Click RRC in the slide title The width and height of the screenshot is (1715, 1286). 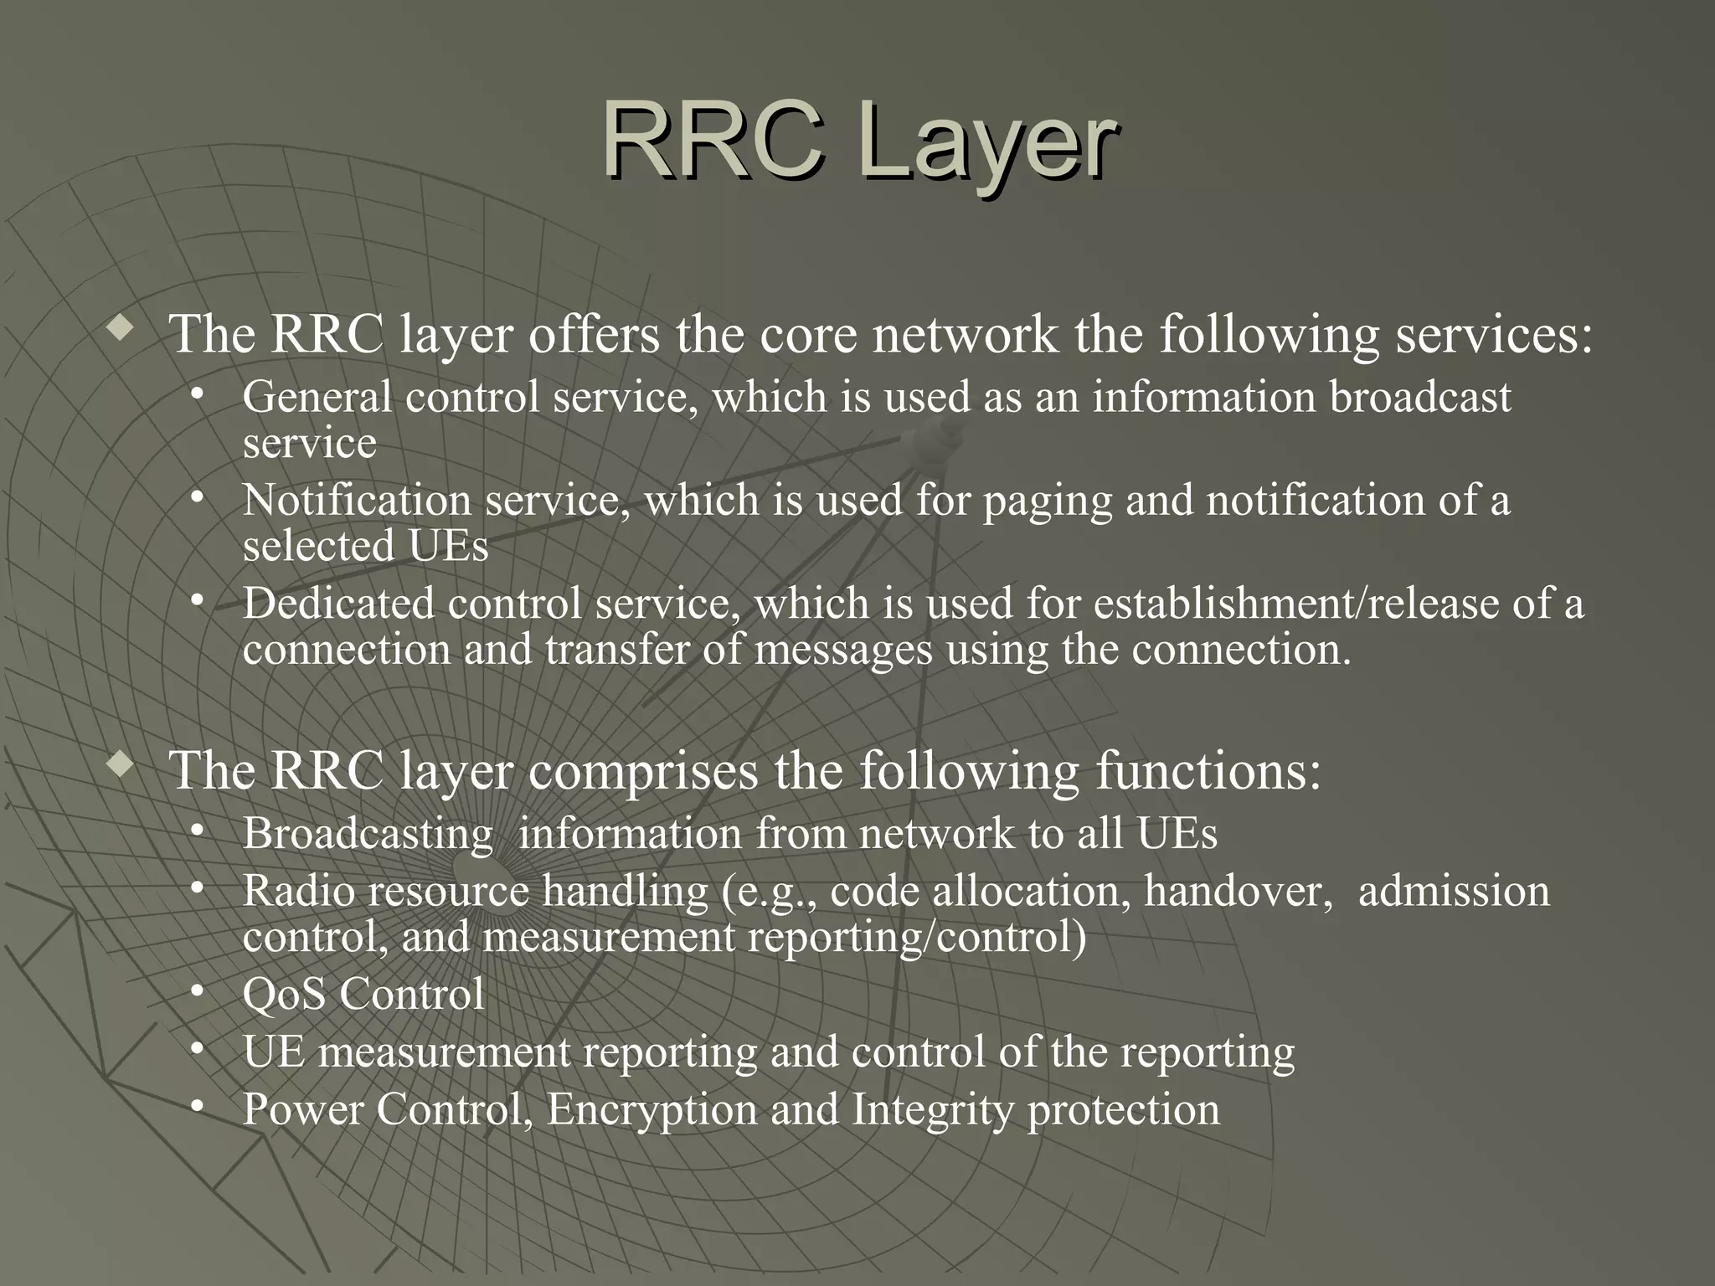pos(713,140)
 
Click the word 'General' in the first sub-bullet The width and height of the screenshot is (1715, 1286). pos(317,396)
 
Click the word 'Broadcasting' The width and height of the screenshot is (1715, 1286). pos(368,835)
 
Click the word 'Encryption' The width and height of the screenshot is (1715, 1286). pos(651,1111)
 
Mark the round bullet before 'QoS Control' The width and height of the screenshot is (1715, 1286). pos(197,992)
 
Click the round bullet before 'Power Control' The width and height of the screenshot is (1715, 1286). pos(197,1107)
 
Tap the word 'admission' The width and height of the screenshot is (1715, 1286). pos(1454,891)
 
